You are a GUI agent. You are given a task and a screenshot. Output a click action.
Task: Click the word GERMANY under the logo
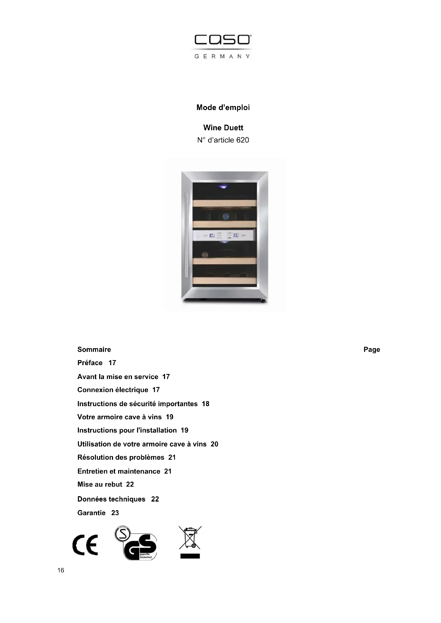pyautogui.click(x=222, y=56)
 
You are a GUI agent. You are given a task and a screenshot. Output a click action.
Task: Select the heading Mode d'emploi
pyautogui.click(x=223, y=107)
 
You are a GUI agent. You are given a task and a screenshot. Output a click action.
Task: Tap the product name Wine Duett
pyautogui.click(x=223, y=128)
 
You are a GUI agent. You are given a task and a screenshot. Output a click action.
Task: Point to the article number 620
pyautogui.click(x=242, y=140)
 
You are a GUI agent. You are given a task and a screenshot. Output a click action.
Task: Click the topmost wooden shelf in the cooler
pyautogui.click(x=224, y=203)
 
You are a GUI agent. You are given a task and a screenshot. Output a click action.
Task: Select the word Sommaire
pyautogui.click(x=94, y=349)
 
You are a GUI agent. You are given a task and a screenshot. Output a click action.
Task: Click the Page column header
pyautogui.click(x=371, y=349)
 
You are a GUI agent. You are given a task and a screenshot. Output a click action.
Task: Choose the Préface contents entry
pyautogui.click(x=90, y=363)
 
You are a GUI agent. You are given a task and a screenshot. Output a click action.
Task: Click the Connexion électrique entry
pyautogui.click(x=113, y=390)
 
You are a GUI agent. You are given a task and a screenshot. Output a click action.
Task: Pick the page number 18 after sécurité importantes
pyautogui.click(x=206, y=404)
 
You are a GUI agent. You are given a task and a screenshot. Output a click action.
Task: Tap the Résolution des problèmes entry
pyautogui.click(x=121, y=458)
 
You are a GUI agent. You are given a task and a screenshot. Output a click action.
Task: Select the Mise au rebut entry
pyautogui.click(x=100, y=484)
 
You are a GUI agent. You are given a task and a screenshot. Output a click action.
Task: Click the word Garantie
pyautogui.click(x=91, y=513)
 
